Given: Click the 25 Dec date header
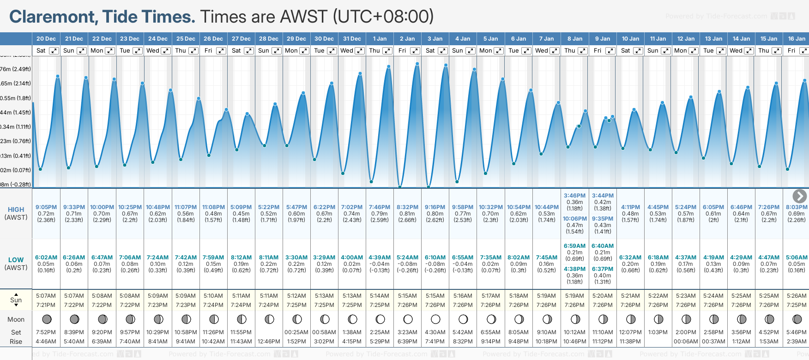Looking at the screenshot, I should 186,39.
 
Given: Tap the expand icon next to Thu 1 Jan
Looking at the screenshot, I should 387,51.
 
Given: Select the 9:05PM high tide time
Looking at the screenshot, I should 46,207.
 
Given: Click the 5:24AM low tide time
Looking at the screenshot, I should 407,258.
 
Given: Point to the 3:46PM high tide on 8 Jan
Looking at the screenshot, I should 574,196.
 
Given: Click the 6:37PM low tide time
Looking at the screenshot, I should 603,269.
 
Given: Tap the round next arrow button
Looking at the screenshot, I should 799,196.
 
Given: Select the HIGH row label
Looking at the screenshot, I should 16,210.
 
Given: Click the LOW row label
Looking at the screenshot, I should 16,260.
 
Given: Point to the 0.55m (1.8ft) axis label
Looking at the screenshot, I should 16,98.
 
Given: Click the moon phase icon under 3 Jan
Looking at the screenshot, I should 435,319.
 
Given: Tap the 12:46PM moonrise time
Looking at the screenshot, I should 269,342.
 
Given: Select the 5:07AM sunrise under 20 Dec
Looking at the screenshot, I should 46,296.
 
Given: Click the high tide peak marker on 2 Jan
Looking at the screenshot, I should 417,64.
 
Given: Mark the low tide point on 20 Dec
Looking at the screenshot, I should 41,169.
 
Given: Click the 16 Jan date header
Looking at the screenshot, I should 797,39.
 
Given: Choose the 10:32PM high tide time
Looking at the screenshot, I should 490,207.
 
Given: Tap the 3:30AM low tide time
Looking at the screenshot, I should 296,258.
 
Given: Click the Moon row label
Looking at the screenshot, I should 16,319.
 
